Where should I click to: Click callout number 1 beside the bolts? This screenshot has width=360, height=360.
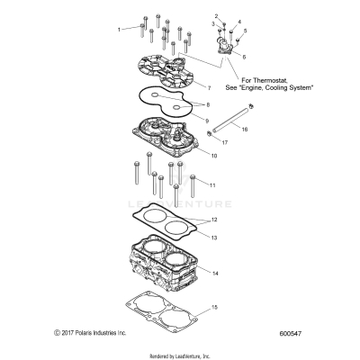click(118, 30)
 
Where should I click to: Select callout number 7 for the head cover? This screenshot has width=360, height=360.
click(208, 88)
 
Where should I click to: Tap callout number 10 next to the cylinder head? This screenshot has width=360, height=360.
click(214, 156)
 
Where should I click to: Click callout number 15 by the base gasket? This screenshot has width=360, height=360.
click(214, 308)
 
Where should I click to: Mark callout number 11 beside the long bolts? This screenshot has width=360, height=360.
click(212, 185)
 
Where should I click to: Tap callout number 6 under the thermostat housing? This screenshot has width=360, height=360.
click(242, 57)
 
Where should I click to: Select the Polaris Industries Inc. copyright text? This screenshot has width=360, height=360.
click(90, 334)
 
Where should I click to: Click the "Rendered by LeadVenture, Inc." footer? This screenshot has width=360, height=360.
click(180, 354)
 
